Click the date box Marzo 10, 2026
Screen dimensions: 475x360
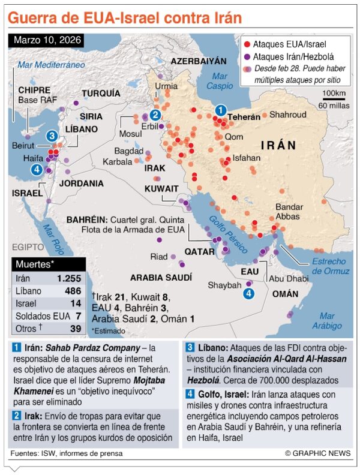tap(46, 41)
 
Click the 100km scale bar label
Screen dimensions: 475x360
tap(334, 94)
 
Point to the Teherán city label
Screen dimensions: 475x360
tap(244, 117)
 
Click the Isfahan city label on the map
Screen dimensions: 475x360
tap(247, 158)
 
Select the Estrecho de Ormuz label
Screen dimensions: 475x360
tap(330, 266)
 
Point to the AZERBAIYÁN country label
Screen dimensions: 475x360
tap(199, 61)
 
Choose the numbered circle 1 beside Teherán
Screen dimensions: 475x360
tap(220, 110)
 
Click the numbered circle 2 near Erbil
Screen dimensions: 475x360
tap(155, 115)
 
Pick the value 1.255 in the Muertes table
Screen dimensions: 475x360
tap(69, 278)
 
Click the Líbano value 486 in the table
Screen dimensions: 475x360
tap(72, 291)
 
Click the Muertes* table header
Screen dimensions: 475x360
tap(35, 264)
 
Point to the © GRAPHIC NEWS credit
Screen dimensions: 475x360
tap(318, 454)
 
